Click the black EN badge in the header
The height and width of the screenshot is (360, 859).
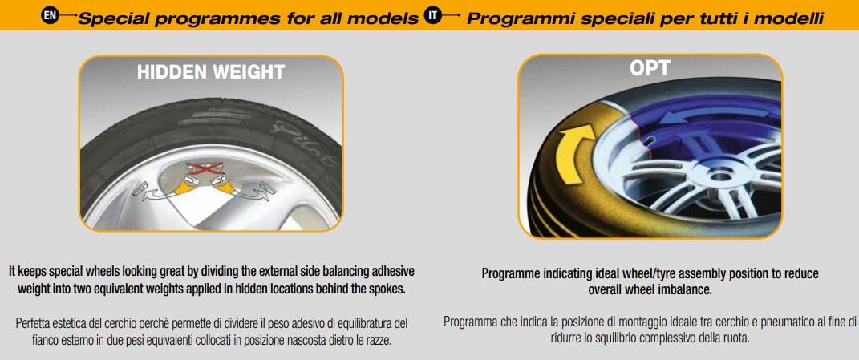50,15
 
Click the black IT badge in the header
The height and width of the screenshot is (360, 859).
432,15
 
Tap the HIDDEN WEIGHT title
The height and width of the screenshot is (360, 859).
211,72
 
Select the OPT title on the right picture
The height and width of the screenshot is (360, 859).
650,68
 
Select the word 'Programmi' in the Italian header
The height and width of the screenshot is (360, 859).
513,18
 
